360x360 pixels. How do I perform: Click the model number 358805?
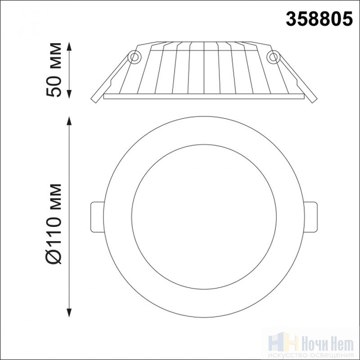(319, 19)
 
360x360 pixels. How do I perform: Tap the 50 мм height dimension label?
(54, 69)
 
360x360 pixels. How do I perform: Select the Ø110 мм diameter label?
(54, 224)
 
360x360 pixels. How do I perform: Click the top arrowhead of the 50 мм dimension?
(69, 46)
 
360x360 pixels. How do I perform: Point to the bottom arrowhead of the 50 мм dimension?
(69, 94)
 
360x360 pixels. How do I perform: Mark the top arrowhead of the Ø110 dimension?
(69, 121)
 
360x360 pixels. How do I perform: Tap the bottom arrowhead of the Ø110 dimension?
(69, 313)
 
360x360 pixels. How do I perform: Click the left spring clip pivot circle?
(134, 57)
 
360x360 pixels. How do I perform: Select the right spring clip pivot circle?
(273, 57)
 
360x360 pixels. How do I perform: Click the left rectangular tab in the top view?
(97, 217)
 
